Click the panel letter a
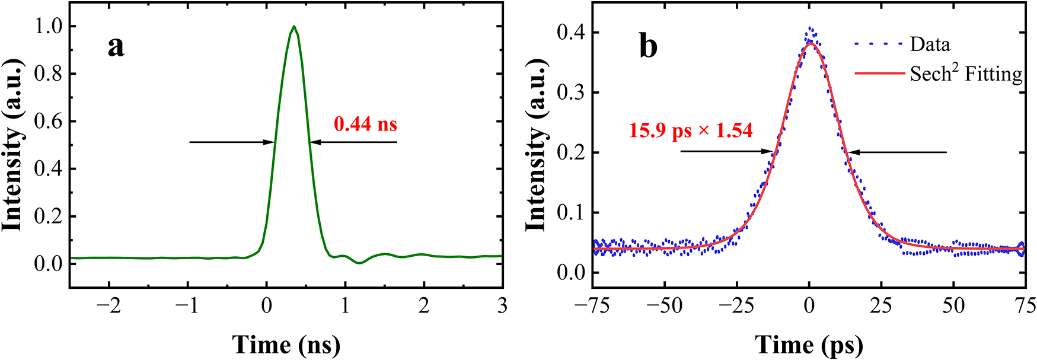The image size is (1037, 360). (116, 46)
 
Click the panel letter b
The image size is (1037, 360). (648, 46)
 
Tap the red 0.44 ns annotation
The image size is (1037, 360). (365, 124)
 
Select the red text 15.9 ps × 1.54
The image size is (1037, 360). (691, 130)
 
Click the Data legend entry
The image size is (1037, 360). (930, 44)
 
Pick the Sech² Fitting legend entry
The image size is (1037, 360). (966, 74)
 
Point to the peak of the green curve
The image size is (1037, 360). (293, 26)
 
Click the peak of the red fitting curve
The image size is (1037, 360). (811, 43)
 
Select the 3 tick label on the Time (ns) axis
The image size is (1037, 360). (502, 306)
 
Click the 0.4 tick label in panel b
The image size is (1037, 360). (570, 33)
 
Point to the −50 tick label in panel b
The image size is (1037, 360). (665, 306)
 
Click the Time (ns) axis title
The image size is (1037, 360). (286, 345)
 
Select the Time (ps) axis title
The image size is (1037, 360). (809, 345)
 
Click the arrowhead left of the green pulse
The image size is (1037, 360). (270, 142)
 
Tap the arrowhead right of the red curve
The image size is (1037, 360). (853, 152)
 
